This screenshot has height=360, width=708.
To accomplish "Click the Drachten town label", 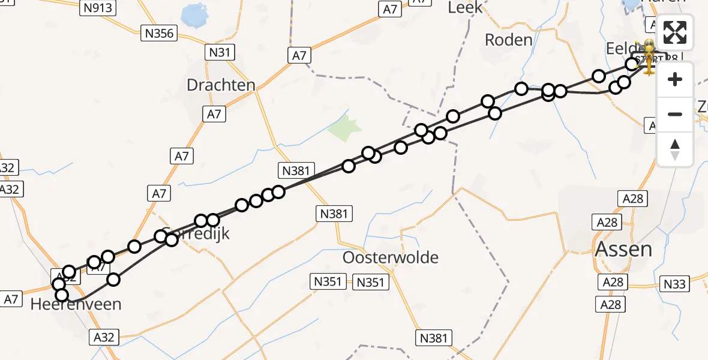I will point(221,85).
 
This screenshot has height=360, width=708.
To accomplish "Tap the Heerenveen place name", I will point(76,304).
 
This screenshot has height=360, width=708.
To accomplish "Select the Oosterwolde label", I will point(390,257).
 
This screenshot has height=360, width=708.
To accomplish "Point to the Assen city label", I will point(623,248).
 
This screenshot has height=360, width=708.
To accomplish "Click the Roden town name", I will point(508,40).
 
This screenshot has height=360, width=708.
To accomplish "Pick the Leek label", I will point(465,8).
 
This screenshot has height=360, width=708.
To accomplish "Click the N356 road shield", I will point(160,34).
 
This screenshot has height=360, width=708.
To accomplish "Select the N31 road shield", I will point(220,52).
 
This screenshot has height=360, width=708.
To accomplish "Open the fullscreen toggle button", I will point(675,32).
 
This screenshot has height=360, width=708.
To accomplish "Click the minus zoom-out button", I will point(675,114).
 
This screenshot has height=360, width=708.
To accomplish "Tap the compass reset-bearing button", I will point(675,149).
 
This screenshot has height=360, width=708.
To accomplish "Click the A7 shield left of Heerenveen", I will point(11,298).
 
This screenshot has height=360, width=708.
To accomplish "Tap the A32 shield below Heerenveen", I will point(104,337).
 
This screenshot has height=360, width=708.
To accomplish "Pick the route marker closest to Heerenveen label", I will point(62,295).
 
